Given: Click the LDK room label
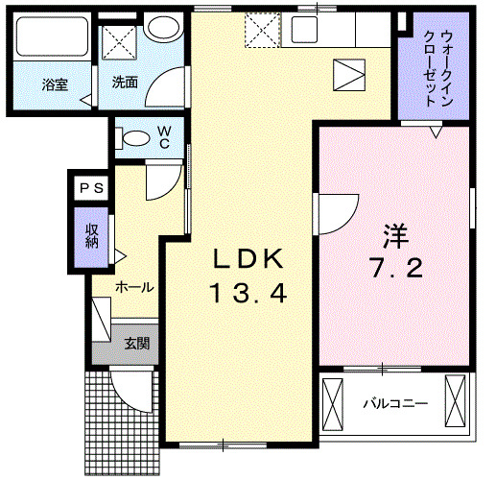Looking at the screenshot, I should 248,259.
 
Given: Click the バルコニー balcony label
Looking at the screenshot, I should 394,404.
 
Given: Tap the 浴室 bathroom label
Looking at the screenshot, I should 54,84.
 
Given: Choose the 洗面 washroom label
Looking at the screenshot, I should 124,83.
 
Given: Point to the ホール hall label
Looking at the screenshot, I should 133,286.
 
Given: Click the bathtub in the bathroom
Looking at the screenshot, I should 53,38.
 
